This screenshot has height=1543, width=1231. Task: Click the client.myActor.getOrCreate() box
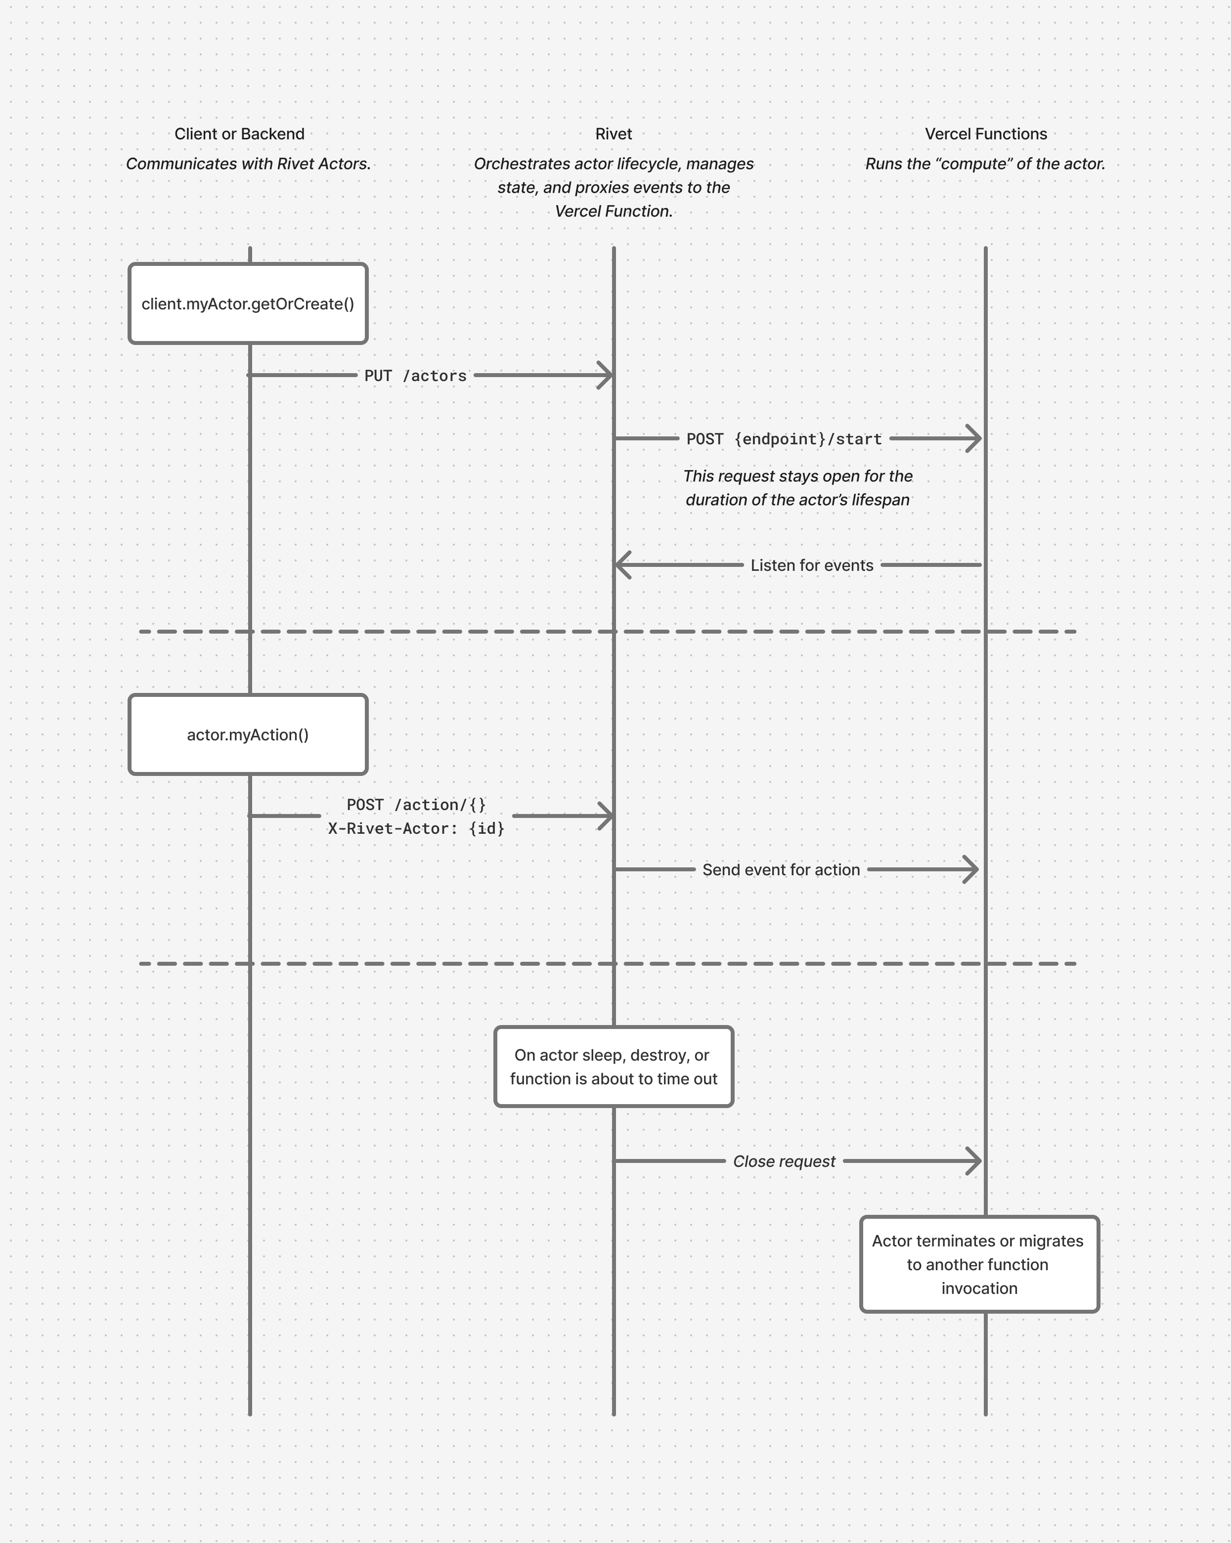248,303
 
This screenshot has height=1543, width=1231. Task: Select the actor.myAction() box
248,734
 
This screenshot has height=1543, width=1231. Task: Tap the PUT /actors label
415,376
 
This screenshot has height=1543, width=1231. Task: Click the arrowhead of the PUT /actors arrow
606,375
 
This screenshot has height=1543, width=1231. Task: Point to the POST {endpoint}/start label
784,439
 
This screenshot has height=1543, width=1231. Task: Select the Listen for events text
812,565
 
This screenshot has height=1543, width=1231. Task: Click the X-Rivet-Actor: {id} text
416,828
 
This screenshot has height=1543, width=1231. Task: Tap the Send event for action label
781,869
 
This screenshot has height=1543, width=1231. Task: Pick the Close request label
784,1161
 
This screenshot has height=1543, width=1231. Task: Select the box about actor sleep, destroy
614,1067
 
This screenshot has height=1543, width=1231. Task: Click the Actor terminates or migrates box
978,1264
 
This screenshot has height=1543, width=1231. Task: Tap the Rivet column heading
614,134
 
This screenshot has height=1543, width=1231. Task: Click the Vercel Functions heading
985,134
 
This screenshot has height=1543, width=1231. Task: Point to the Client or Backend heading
239,134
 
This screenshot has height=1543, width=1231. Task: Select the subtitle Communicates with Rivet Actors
248,164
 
